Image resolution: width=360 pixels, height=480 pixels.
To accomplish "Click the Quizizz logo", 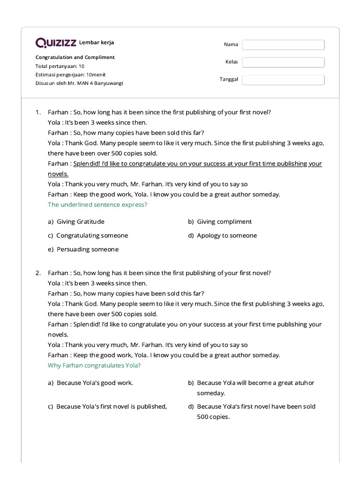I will pyautogui.click(x=56, y=43).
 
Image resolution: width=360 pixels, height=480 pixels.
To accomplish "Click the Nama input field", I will pyautogui.click(x=283, y=45).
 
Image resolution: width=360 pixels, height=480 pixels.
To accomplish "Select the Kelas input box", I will pyautogui.click(x=283, y=62).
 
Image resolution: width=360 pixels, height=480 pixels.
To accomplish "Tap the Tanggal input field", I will pyautogui.click(x=283, y=80).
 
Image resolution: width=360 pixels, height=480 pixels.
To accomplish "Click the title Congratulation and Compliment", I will pyautogui.click(x=75, y=57).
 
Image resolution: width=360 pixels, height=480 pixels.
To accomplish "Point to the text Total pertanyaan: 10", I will pyautogui.click(x=60, y=66).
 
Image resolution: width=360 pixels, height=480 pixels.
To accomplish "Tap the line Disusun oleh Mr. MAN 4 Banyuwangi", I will pyautogui.click(x=79, y=83).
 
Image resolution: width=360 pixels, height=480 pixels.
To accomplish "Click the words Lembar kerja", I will pyautogui.click(x=97, y=43).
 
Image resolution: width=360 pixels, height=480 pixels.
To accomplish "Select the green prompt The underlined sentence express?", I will pyautogui.click(x=97, y=205).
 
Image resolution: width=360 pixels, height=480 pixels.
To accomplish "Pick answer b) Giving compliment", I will pyautogui.click(x=224, y=222).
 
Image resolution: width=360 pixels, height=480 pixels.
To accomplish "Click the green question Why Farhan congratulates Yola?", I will pyautogui.click(x=94, y=366).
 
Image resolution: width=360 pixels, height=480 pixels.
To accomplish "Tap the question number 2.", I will pyautogui.click(x=38, y=273).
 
